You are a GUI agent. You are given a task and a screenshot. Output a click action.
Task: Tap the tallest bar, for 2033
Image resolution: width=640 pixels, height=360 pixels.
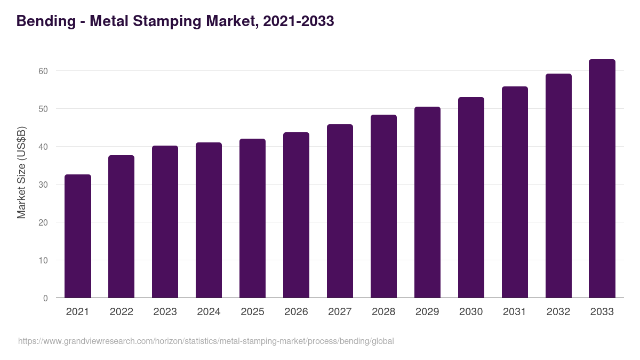coord(602,179)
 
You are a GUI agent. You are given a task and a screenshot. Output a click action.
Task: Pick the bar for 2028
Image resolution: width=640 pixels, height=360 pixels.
coord(383,206)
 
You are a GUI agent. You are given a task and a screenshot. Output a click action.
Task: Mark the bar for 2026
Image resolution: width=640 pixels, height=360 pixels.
coord(296,215)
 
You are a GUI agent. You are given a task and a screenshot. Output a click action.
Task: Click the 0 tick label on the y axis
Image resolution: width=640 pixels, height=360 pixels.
coord(45,298)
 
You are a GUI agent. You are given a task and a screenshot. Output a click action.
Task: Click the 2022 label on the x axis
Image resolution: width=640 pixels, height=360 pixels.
coord(121,312)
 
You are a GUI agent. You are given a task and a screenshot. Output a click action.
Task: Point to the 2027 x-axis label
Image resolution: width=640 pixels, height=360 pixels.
coord(340,312)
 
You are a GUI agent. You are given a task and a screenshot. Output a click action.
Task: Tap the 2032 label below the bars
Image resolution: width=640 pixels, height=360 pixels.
coord(558,312)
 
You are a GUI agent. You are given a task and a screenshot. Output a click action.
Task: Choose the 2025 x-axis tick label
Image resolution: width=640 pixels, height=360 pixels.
coord(252,312)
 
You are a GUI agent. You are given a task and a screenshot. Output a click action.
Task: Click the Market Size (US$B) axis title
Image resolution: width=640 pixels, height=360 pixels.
coord(21,172)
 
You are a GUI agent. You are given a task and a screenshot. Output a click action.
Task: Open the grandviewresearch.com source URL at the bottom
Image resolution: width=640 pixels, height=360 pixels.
coord(206,341)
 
